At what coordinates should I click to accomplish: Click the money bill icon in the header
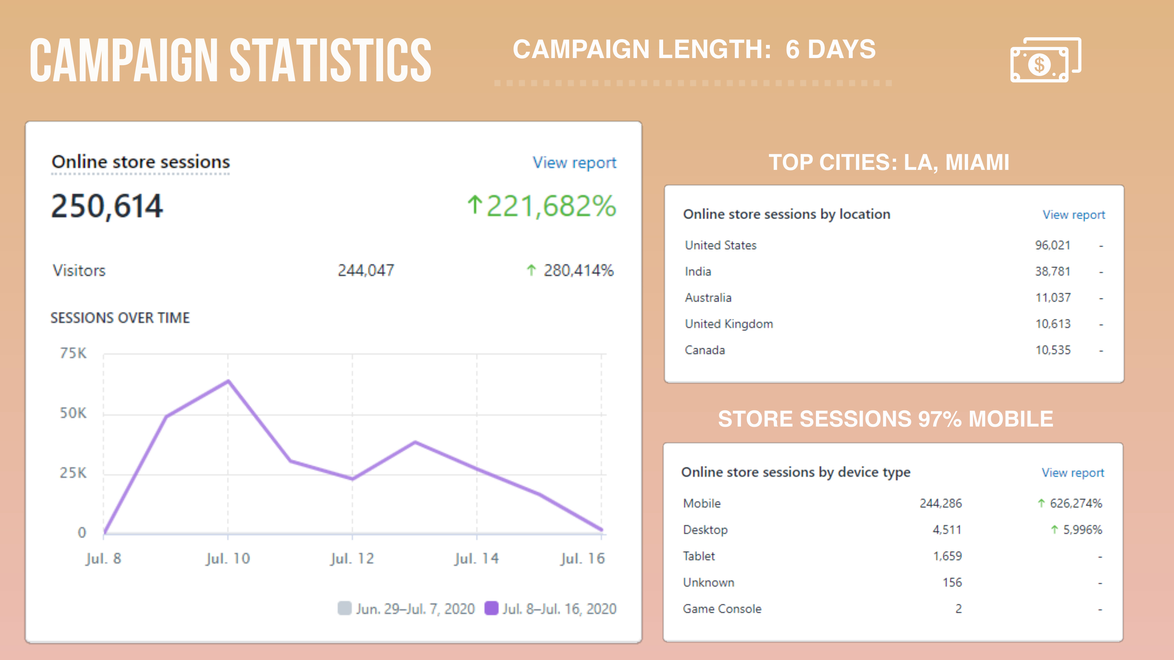coord(1046,60)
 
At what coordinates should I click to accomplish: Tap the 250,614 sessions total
coord(107,206)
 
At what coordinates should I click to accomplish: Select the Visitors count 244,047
coord(366,270)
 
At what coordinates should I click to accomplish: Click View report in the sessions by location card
coord(1074,215)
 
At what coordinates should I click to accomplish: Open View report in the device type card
coord(1073,472)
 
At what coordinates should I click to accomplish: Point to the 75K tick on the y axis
coord(73,353)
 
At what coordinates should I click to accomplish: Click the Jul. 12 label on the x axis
coord(352,559)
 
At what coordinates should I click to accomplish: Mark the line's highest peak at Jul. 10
coord(228,381)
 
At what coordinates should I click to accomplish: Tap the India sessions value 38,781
coord(1053,271)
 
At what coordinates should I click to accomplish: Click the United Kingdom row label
coord(729,324)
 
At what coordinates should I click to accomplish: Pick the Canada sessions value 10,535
coord(1053,350)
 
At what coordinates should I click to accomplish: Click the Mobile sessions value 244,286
coord(941,503)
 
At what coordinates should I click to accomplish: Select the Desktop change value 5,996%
coord(1082,530)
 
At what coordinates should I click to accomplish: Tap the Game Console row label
coord(722,609)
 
